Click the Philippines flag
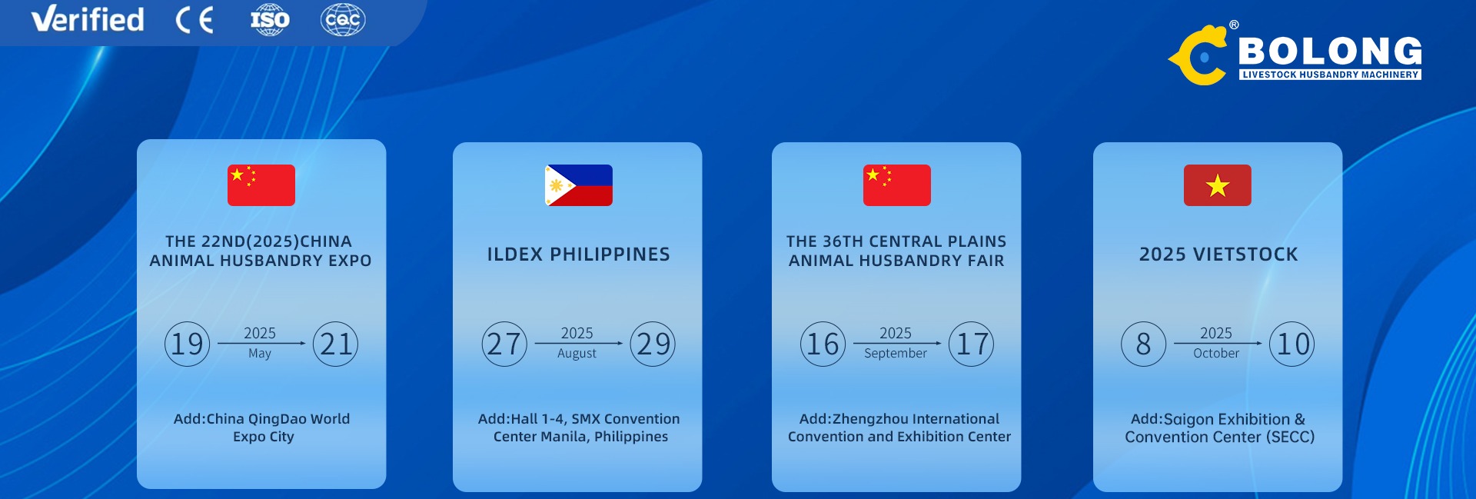click(x=579, y=185)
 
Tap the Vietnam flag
click(x=1218, y=185)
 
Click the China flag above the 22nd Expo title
click(x=261, y=185)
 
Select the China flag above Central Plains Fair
click(x=897, y=185)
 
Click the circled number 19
click(x=187, y=344)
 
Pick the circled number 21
click(x=336, y=344)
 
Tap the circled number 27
click(x=504, y=344)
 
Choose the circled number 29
click(x=653, y=344)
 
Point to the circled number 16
click(x=823, y=344)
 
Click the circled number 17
click(x=972, y=344)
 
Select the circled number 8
click(x=1144, y=344)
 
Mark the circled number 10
click(x=1292, y=344)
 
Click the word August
click(x=577, y=354)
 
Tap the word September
click(x=896, y=354)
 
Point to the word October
click(x=1216, y=353)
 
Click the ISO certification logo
click(x=270, y=19)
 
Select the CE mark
click(x=194, y=20)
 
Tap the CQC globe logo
click(x=343, y=19)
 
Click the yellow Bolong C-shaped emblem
click(x=1200, y=55)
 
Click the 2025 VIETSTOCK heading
click(x=1218, y=254)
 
